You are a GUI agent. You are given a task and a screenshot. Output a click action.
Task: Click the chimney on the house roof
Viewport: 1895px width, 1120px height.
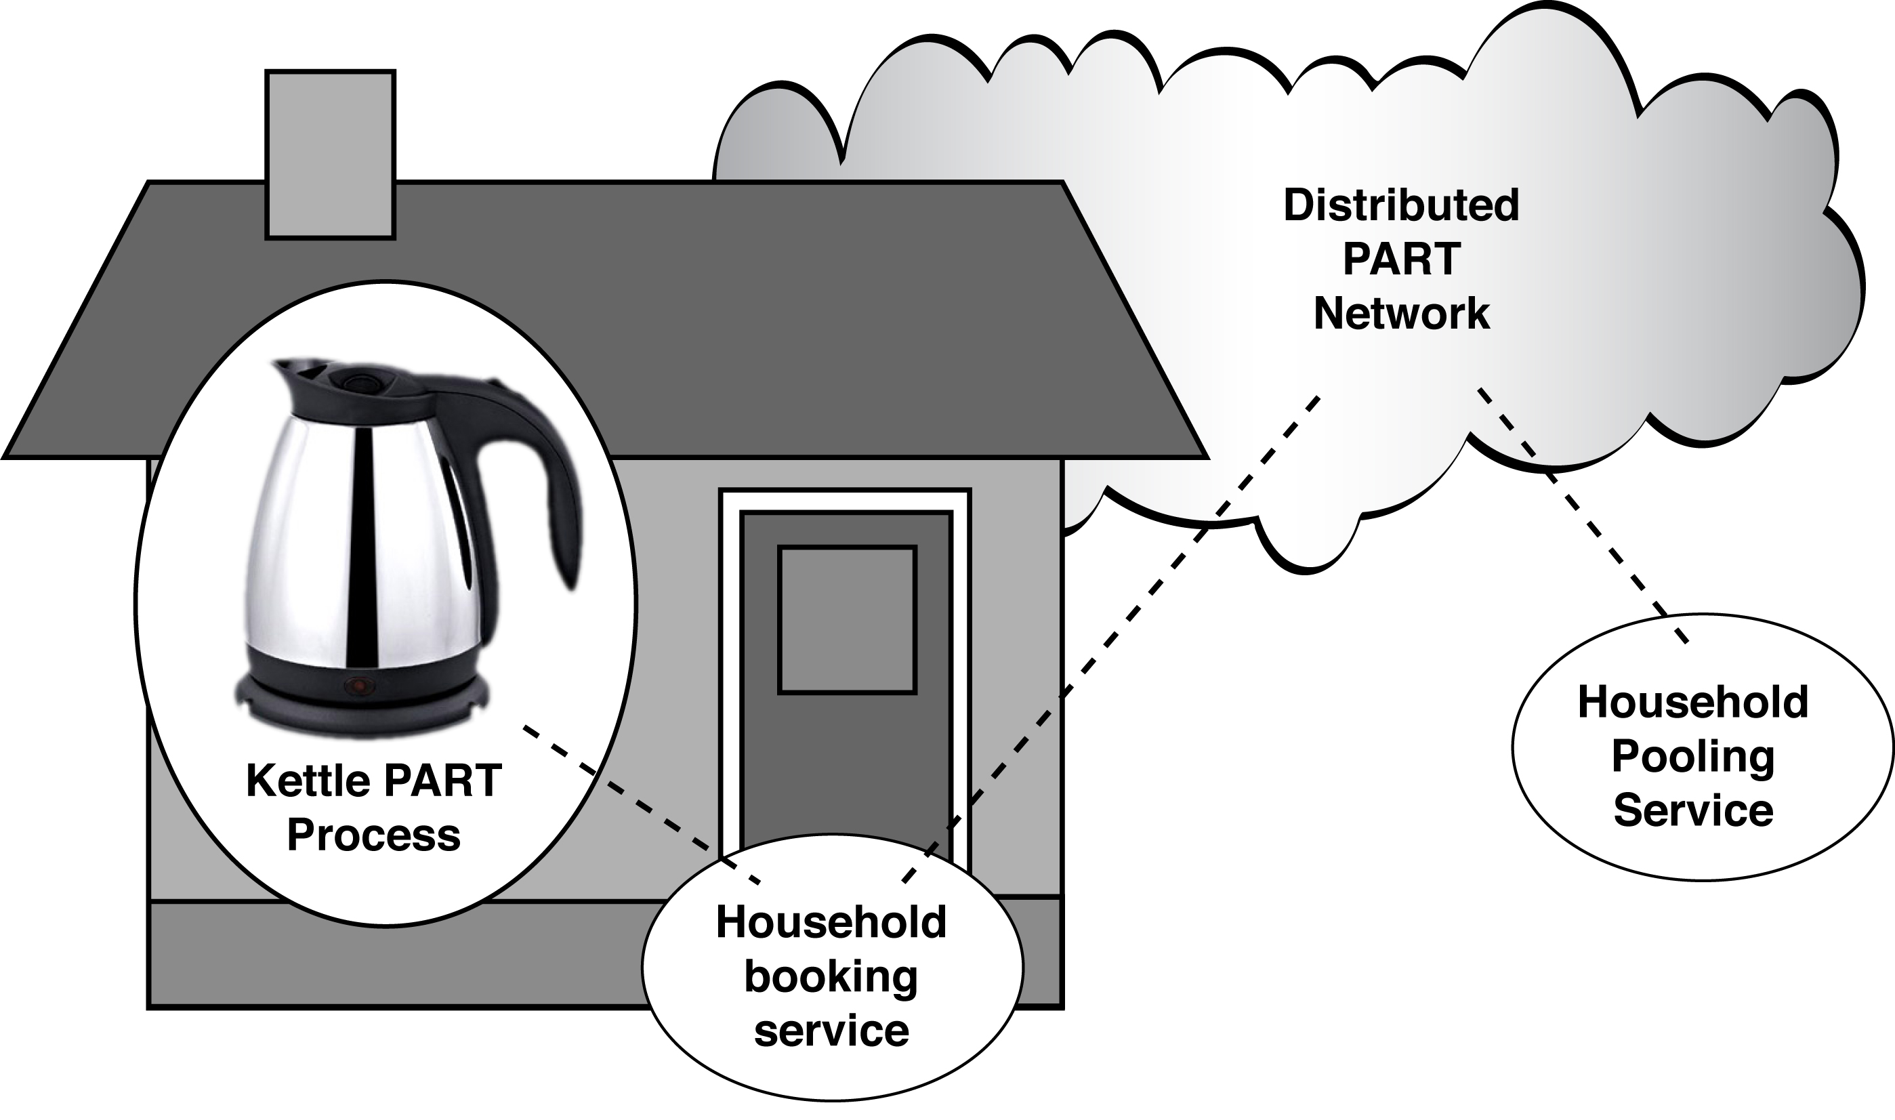point(330,154)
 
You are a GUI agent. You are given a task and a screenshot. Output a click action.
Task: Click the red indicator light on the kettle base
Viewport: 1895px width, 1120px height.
point(358,685)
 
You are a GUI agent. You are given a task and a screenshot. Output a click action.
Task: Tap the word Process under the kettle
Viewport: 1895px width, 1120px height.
point(373,835)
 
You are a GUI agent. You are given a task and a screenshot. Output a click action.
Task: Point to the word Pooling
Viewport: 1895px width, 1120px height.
point(1692,756)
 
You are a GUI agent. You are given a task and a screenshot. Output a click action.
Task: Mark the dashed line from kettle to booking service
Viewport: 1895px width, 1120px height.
point(642,804)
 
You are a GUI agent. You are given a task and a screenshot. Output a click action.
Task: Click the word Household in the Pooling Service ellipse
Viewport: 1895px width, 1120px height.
point(1692,702)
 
